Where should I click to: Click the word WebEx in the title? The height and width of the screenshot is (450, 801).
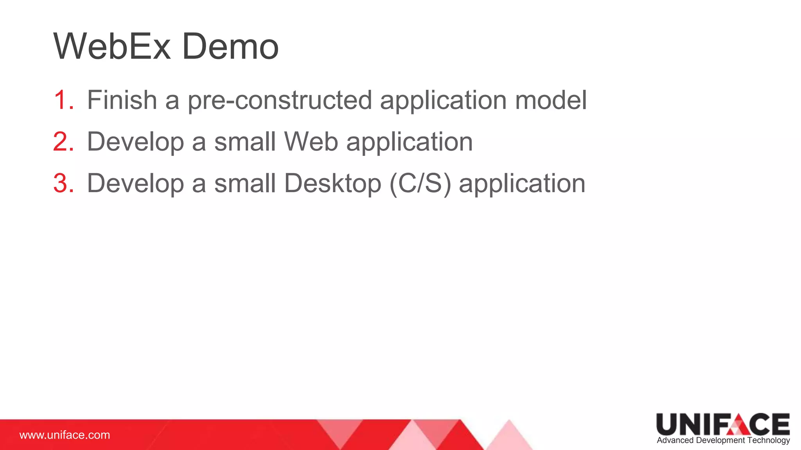[x=112, y=46]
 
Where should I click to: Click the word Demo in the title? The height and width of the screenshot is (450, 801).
[x=230, y=46]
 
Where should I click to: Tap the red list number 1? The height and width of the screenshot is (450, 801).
[x=63, y=100]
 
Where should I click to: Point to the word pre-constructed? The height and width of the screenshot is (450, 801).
[x=280, y=100]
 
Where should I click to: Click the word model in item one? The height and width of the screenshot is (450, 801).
[x=551, y=100]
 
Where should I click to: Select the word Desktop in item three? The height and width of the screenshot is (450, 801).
[x=332, y=183]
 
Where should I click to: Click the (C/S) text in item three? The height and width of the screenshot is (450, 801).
[x=420, y=183]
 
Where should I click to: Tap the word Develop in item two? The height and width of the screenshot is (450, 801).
[x=135, y=142]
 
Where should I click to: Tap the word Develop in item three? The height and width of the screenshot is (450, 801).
[x=135, y=184]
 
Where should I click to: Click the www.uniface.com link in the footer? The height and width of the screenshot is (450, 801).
[x=65, y=435]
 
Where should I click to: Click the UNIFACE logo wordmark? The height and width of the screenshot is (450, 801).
[x=723, y=424]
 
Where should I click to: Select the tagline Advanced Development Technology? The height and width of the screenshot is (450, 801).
[x=723, y=440]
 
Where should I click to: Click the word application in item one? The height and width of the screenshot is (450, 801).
[x=444, y=101]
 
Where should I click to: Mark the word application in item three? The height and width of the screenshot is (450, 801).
[x=522, y=184]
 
